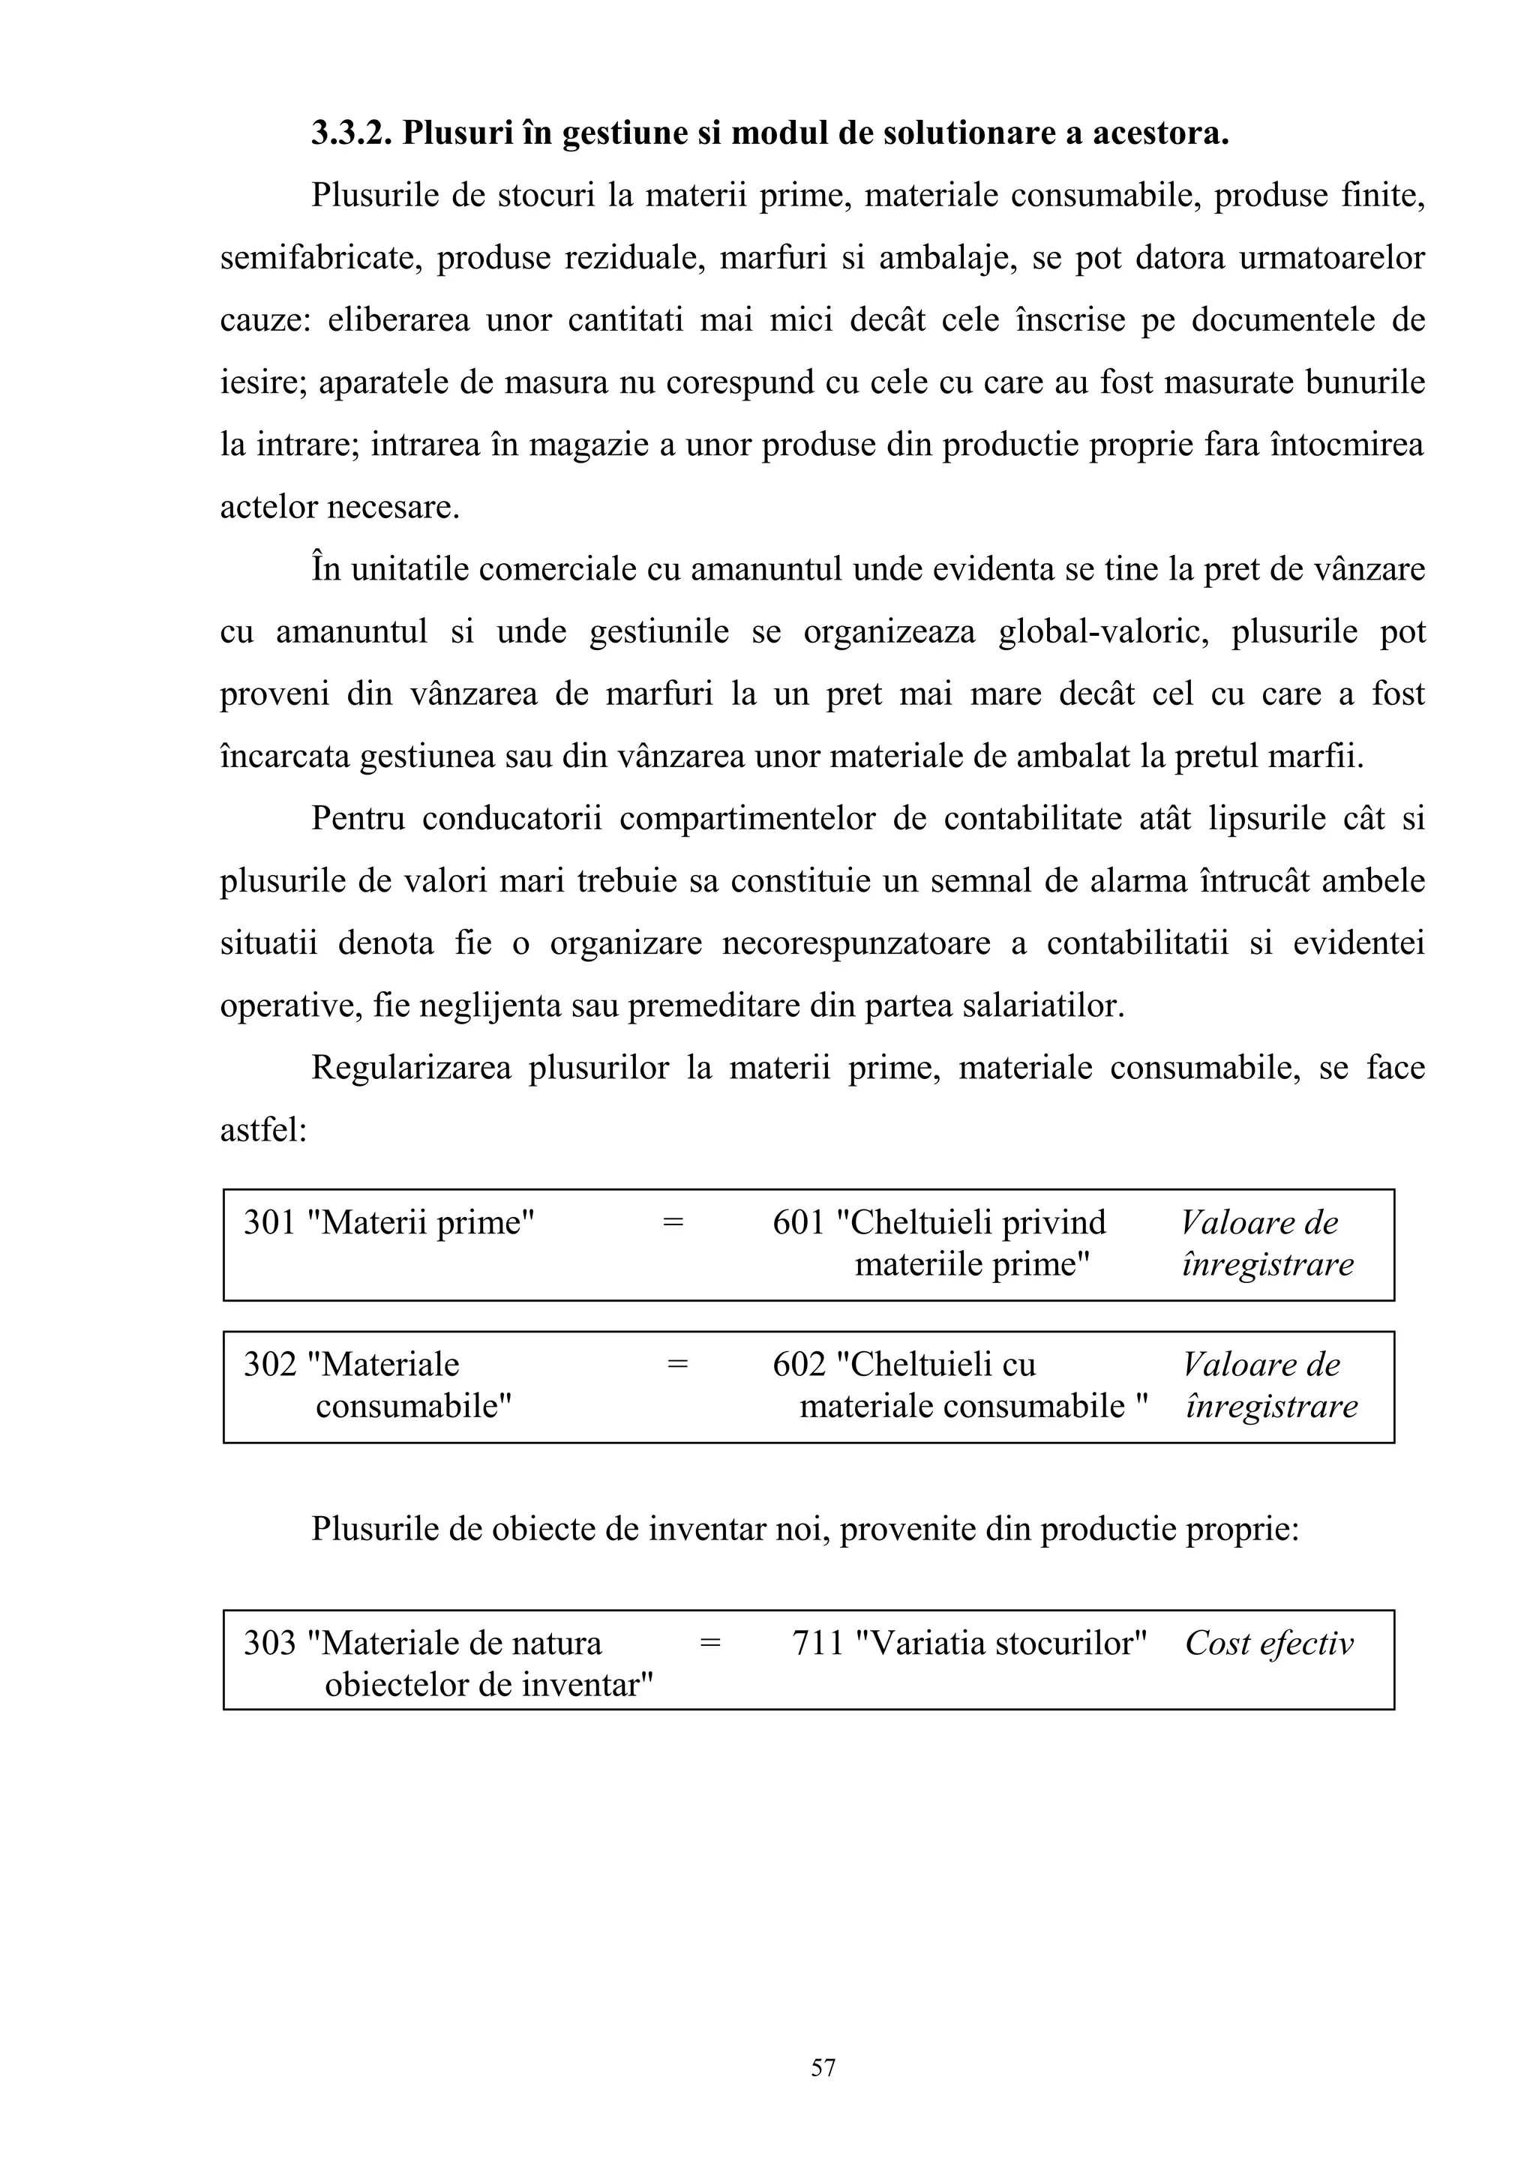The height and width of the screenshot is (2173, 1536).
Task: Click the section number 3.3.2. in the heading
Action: coord(351,133)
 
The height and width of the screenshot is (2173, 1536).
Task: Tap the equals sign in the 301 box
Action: coord(672,1223)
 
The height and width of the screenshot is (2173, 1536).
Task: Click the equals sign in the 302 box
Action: coord(676,1365)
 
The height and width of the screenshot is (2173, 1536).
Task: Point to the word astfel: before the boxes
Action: coord(263,1130)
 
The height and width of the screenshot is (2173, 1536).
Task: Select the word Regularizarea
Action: coord(411,1068)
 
